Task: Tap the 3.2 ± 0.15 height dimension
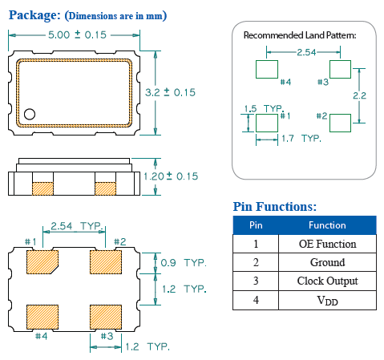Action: [170, 93]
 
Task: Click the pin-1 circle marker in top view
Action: [30, 114]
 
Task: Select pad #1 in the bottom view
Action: [41, 261]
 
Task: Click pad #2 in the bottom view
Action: [105, 261]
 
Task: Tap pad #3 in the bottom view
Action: [105, 315]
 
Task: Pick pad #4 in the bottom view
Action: [41, 315]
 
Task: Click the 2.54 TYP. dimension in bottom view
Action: [73, 227]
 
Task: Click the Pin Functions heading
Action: [274, 207]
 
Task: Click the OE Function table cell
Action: [327, 244]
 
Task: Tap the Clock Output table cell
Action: [327, 281]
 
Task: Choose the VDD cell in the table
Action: [327, 301]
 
